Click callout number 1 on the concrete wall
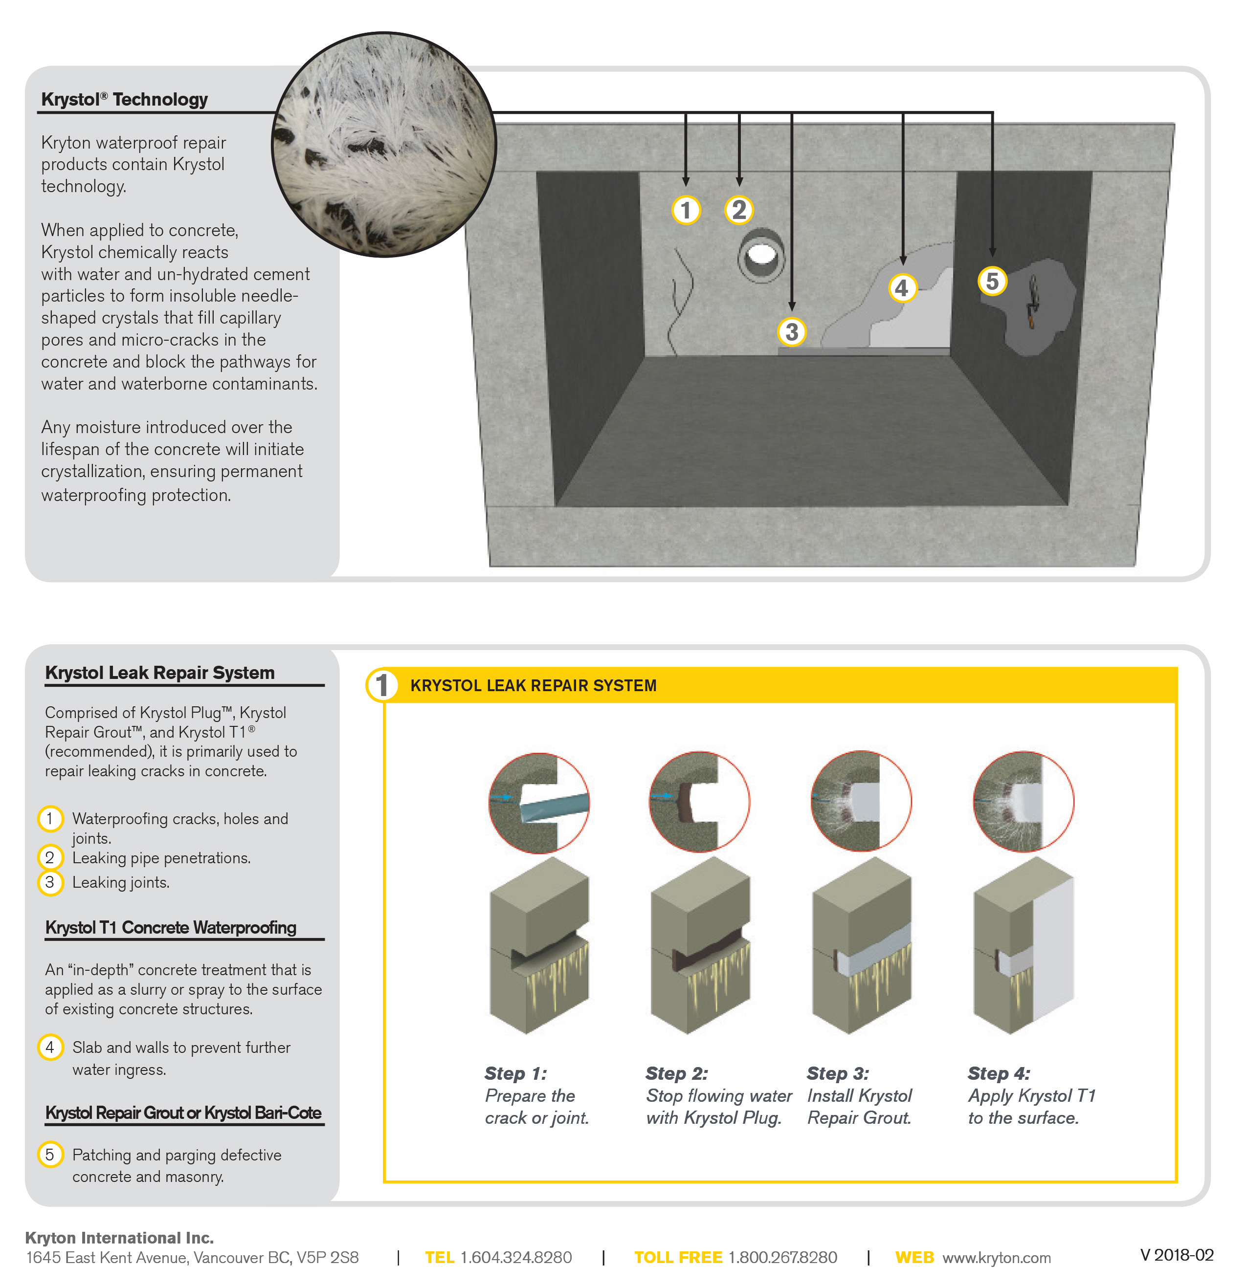[x=686, y=210]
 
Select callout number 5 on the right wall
[x=992, y=281]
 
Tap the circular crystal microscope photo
[x=384, y=145]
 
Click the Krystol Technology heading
[x=124, y=99]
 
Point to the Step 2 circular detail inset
[x=699, y=802]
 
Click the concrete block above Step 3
[x=861, y=946]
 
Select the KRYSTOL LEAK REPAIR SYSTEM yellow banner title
[x=533, y=685]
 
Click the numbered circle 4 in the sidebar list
[x=50, y=1047]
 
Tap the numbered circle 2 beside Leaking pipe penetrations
[x=50, y=857]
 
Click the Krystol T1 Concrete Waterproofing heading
[x=171, y=927]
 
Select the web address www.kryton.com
[x=996, y=1257]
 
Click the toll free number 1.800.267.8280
[x=782, y=1257]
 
